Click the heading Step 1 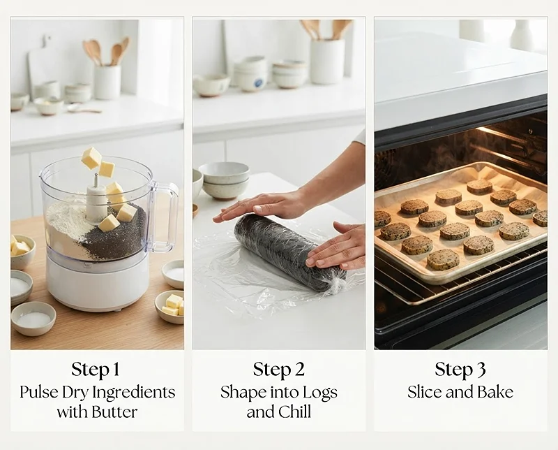click(x=95, y=370)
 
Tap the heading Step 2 click(x=278, y=370)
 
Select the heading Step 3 click(x=460, y=370)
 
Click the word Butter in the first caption click(x=114, y=412)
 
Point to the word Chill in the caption click(x=294, y=412)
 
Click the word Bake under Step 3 click(x=495, y=392)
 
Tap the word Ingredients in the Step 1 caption click(x=134, y=393)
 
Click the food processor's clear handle click(x=165, y=215)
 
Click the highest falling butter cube click(x=91, y=158)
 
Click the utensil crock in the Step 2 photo click(x=327, y=61)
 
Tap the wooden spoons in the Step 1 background click(x=107, y=52)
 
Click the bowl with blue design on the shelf click(x=251, y=78)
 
